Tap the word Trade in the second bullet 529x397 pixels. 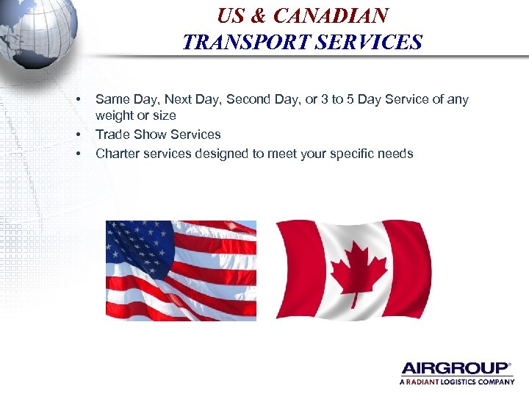tap(111, 135)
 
